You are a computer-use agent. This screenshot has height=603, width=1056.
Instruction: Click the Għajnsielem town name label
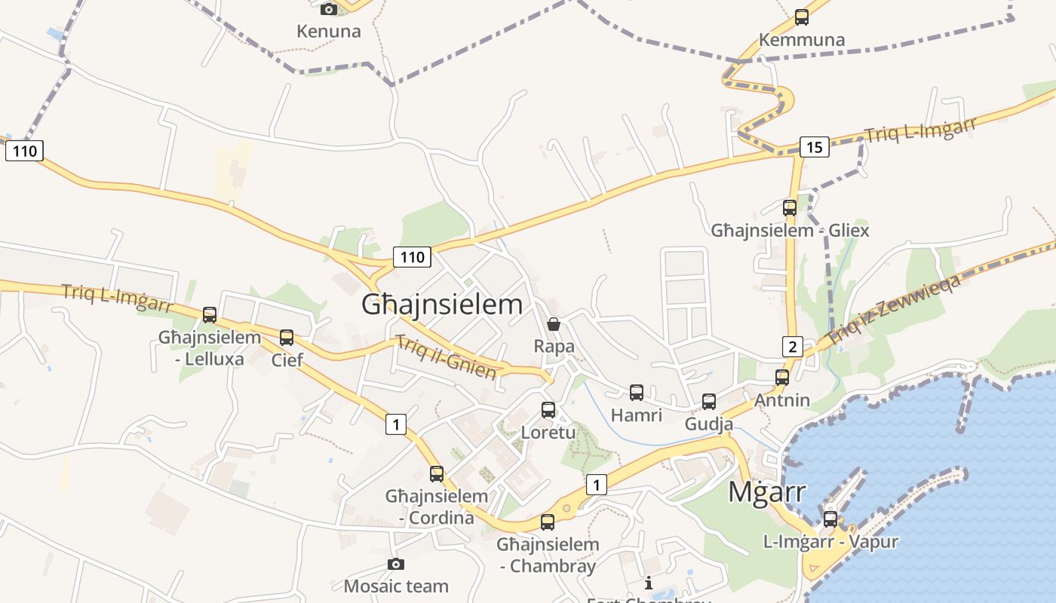pos(442,305)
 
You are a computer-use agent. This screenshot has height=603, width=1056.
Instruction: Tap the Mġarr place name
pos(767,492)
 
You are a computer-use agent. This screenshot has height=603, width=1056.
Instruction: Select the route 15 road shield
pos(814,147)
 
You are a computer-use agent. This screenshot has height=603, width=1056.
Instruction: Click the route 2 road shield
pos(792,347)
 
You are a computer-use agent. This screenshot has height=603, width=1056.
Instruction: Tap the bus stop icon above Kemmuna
pos(802,17)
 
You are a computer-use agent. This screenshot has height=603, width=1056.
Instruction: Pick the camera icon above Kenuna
pos(329,9)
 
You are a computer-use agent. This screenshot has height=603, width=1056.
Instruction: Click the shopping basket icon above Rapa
pos(554,324)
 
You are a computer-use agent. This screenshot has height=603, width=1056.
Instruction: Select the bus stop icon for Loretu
pos(548,410)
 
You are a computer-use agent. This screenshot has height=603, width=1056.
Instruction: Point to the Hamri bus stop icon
pos(637,393)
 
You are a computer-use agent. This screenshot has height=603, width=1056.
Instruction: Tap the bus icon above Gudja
pos(709,402)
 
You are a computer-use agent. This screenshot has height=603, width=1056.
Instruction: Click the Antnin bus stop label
pos(782,400)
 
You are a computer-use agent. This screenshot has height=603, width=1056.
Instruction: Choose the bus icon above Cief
pos(287,338)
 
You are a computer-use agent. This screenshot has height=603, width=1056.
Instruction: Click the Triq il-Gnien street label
pos(447,357)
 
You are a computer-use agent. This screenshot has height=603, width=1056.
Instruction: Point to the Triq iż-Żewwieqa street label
pos(894,311)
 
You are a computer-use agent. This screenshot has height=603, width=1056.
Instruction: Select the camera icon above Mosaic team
pos(396,564)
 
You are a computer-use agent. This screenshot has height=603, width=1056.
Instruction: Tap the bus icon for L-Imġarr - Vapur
pos(830,519)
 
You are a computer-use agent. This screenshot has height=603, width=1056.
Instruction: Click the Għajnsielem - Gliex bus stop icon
pos(790,208)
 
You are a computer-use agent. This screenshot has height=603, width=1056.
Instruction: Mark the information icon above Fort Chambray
pos(649,583)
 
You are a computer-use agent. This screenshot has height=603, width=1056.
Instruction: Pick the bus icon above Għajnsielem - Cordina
pos(437,474)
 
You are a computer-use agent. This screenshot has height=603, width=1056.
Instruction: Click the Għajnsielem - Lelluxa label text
pos(209,347)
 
